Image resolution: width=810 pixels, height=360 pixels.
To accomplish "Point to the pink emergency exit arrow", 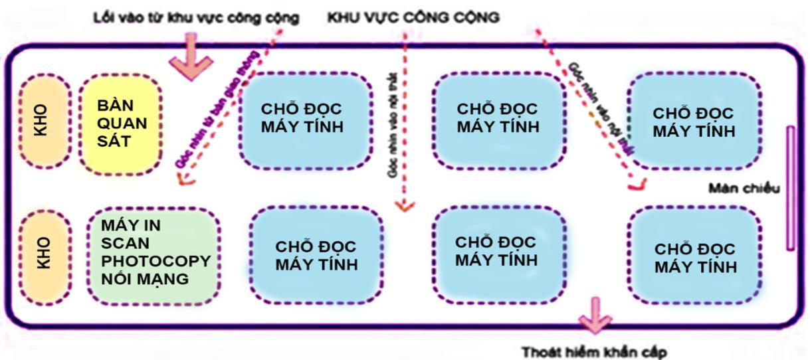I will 594,316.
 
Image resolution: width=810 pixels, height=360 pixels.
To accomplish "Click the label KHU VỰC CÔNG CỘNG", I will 413,18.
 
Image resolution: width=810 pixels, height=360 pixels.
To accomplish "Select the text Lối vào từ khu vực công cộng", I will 195,18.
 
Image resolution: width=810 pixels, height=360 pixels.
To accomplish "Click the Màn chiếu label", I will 744,188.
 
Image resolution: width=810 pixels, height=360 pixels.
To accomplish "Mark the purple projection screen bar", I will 791,188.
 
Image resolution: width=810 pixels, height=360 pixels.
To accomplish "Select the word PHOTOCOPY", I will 156,260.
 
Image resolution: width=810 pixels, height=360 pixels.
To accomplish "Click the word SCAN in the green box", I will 125,242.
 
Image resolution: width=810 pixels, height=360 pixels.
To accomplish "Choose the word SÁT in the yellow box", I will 112,141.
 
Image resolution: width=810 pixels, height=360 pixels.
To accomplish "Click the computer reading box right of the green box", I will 316,254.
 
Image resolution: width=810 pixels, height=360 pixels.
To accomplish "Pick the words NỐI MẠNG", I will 144,278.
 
